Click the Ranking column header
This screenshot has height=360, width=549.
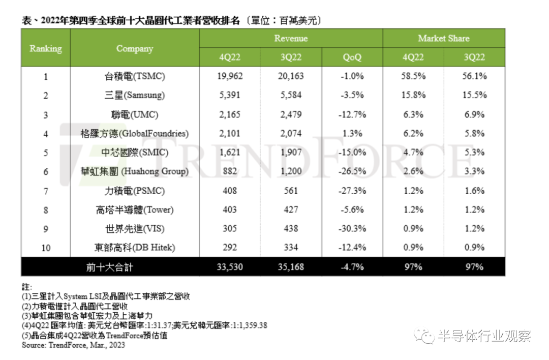(x=46, y=48)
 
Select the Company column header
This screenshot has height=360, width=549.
(x=135, y=48)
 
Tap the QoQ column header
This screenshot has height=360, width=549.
(x=352, y=57)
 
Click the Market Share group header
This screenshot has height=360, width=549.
(x=444, y=38)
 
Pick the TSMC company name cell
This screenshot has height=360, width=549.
(x=135, y=76)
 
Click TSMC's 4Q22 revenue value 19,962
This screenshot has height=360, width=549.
(x=230, y=76)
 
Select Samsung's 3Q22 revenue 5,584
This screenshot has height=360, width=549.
(x=291, y=95)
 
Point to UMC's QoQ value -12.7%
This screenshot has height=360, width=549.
(x=352, y=114)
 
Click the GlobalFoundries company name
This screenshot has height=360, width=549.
(x=134, y=133)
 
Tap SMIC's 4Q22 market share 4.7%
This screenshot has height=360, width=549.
(x=413, y=153)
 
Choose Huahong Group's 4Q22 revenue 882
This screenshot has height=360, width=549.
(x=230, y=171)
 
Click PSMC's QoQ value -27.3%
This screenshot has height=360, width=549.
(x=352, y=191)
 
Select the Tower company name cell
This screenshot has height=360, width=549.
(x=135, y=210)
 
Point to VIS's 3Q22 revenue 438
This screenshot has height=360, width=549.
(x=291, y=229)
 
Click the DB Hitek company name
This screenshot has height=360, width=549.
(x=135, y=248)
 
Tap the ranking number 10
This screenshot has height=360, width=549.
(x=46, y=248)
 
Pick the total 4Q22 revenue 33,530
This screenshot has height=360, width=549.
(x=230, y=267)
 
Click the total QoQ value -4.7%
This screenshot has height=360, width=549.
(x=352, y=267)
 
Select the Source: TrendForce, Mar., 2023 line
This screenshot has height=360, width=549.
(x=73, y=345)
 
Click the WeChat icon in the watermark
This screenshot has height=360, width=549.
(x=424, y=336)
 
